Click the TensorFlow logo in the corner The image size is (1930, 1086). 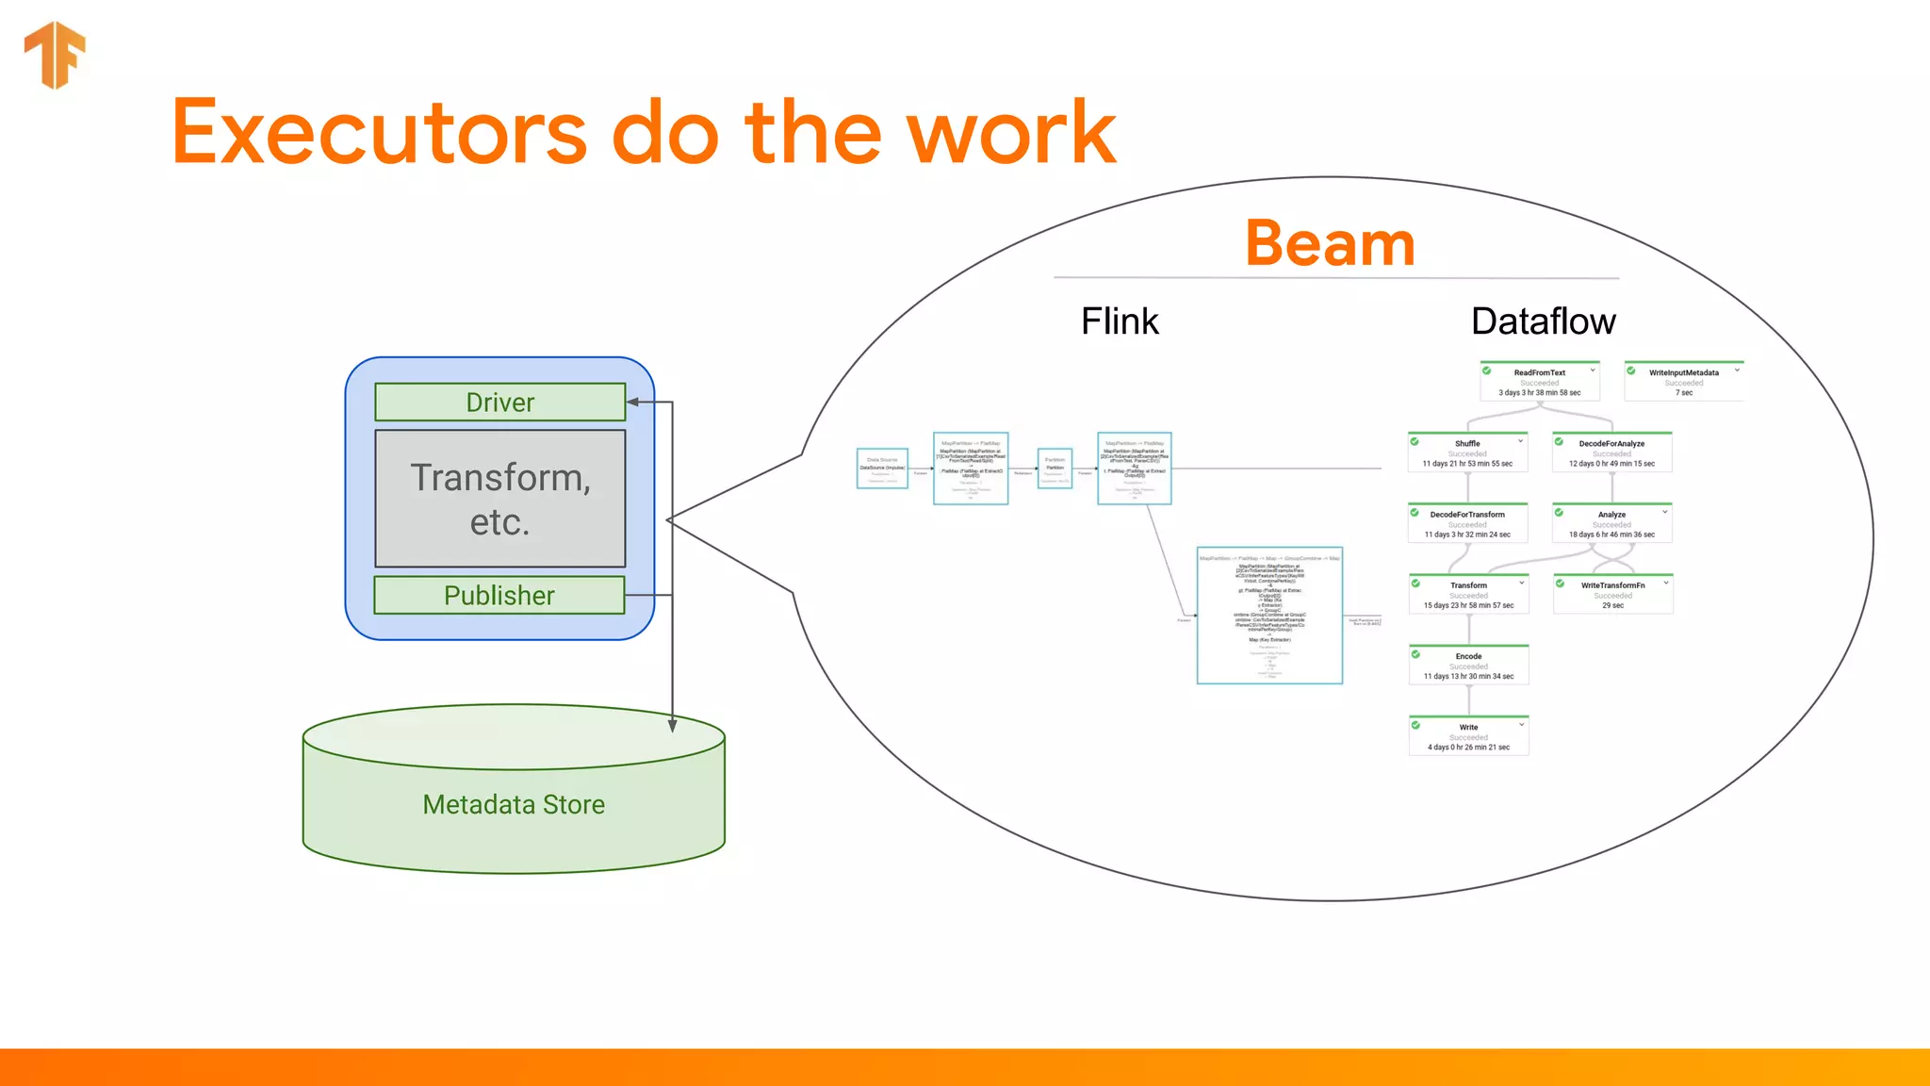tap(55, 55)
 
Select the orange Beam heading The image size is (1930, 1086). tap(1330, 243)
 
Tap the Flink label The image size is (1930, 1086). tap(1119, 321)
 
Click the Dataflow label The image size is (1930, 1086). tap(1543, 321)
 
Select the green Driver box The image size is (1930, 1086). tap(499, 403)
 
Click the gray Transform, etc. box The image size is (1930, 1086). tap(499, 499)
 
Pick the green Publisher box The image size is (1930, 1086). tap(499, 596)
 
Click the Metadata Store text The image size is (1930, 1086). tap(514, 804)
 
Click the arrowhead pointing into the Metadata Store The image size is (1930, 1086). tap(672, 726)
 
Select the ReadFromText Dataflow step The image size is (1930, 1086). tap(1539, 382)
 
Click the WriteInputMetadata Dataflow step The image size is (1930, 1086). tap(1683, 382)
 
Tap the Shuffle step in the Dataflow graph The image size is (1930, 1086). tap(1467, 452)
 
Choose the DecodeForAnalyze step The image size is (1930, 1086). tap(1611, 452)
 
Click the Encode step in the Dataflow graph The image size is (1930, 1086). tap(1468, 666)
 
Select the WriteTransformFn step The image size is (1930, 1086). tap(1612, 595)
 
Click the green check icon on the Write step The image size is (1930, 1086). tap(1415, 725)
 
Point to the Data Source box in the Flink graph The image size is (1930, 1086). tap(882, 469)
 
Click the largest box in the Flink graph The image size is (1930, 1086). tap(1269, 616)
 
